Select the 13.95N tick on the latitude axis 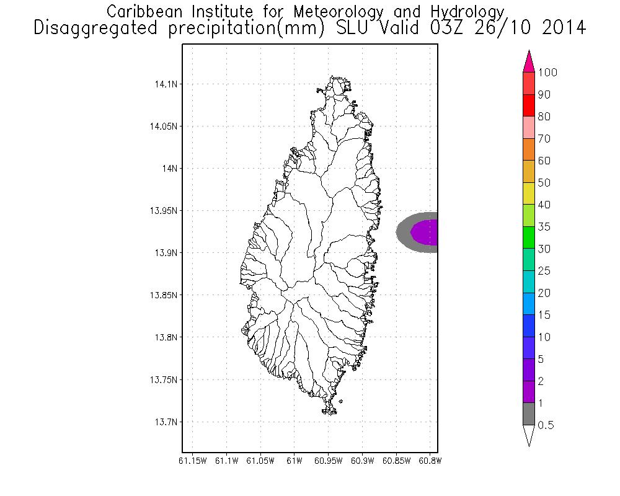(x=161, y=211)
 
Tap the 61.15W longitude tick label (x=192, y=461)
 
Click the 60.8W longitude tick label (x=430, y=461)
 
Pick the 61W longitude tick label (x=294, y=461)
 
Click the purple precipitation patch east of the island (x=425, y=232)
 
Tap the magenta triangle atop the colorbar (x=529, y=61)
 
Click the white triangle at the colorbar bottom (x=529, y=435)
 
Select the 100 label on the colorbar (x=548, y=73)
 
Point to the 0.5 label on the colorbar (x=546, y=425)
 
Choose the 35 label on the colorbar (x=544, y=227)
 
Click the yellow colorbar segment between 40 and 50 (x=529, y=193)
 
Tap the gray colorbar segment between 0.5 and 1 (x=529, y=414)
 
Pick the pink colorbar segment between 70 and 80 (x=529, y=127)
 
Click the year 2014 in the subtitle (x=560, y=28)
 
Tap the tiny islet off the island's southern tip (x=340, y=401)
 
